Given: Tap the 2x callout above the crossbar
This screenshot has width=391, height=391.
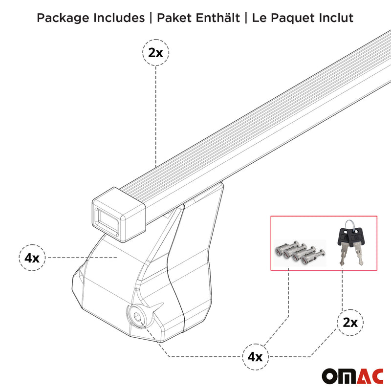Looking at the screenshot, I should (155, 53).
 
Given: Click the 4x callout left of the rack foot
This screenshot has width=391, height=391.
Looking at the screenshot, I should (32, 258).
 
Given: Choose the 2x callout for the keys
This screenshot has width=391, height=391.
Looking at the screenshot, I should (350, 322).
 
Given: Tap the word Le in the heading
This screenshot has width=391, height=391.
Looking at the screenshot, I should (259, 19).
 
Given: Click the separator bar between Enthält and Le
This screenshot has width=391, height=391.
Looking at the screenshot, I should (246, 19).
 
